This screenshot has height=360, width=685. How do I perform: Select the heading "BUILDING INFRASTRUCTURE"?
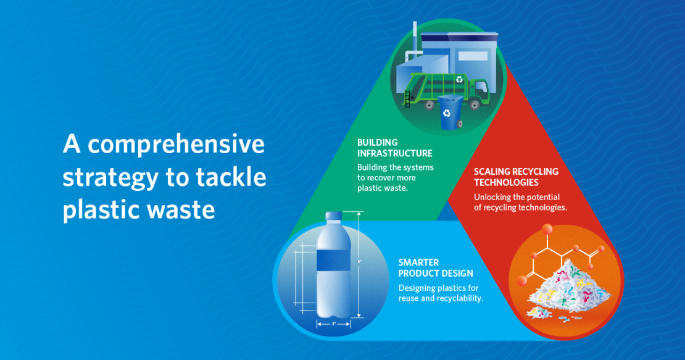[x=394, y=148]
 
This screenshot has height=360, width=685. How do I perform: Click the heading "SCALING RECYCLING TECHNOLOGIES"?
[x=516, y=177]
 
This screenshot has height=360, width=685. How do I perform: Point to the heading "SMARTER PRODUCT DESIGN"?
[x=436, y=268]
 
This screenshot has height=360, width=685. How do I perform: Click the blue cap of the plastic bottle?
[x=334, y=216]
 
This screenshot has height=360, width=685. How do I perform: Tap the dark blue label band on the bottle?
[x=333, y=261]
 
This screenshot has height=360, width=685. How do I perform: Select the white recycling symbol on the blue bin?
[x=446, y=114]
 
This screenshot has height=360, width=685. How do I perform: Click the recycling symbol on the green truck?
[x=459, y=80]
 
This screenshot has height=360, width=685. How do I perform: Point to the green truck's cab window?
[x=481, y=88]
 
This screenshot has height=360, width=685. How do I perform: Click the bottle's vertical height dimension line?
[x=359, y=264]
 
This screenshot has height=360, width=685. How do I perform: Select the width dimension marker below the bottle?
[x=333, y=324]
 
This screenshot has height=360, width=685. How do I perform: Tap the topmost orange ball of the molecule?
[x=547, y=229]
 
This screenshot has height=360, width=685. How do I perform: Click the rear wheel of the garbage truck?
[x=430, y=106]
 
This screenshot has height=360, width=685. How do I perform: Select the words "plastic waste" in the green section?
[x=382, y=188]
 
